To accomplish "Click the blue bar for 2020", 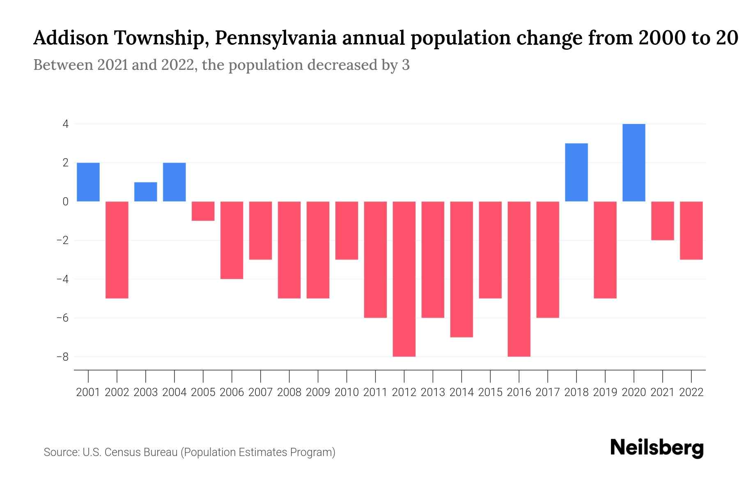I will [634, 163].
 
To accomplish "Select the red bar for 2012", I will [404, 279].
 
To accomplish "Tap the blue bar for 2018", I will [576, 173].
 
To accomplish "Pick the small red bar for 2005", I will [203, 211].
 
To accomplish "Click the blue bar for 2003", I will [146, 192].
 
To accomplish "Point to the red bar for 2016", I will [519, 279].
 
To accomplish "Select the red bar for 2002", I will [117, 250].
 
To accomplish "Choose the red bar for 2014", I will [461, 269].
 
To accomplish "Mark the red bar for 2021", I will [663, 221].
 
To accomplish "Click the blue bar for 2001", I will [88, 182].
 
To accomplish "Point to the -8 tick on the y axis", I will [62, 357].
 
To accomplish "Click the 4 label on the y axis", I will [65, 124].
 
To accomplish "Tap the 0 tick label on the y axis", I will [65, 202].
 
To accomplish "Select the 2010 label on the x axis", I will [347, 392].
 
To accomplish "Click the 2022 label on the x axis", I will [691, 392].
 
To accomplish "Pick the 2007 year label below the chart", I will [260, 392].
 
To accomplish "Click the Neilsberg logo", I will [657, 448].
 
